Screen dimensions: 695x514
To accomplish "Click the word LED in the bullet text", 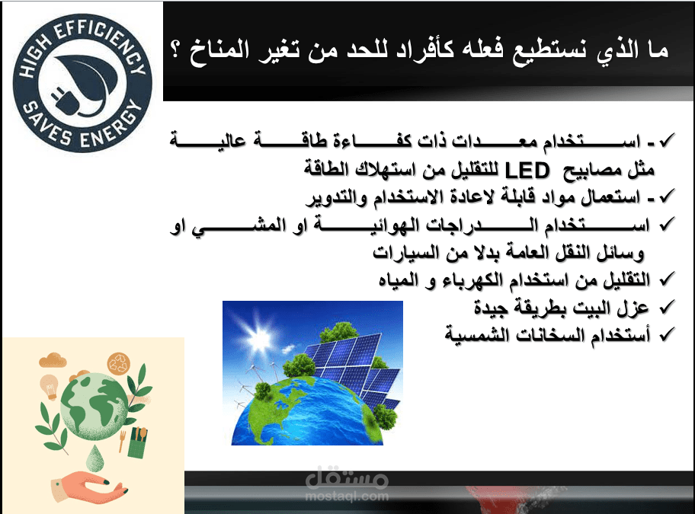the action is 527,170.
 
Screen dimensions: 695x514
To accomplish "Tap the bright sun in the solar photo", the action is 258,339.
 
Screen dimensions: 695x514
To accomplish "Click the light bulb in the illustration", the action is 50,386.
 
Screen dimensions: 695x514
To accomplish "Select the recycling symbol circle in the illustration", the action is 118,364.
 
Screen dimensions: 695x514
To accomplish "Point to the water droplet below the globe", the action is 94,458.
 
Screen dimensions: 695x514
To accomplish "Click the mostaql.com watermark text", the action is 347,496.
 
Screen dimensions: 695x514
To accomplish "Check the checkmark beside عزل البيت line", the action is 667,306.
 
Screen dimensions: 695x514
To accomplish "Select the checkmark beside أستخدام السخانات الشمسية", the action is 667,334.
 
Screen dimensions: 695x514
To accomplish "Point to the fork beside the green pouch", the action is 122,441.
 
